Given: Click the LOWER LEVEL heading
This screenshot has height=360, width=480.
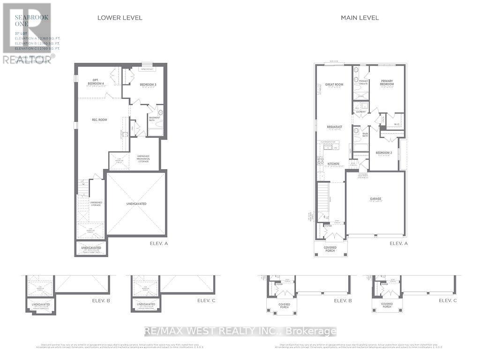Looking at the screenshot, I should (120, 18).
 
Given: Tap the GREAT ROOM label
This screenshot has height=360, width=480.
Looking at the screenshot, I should (334, 85).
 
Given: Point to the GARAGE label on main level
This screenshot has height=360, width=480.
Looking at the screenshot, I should (375, 199).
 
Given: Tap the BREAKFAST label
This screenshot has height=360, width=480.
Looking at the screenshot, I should (334, 127).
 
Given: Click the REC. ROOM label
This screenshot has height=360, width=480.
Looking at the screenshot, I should (99, 120).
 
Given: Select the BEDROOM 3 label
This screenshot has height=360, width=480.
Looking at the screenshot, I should (148, 84).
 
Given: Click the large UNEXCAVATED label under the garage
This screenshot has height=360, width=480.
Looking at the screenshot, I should (136, 204).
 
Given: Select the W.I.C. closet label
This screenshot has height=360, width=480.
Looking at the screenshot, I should (397, 125).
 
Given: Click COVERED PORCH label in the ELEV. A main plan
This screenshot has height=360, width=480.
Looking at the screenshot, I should (330, 249).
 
